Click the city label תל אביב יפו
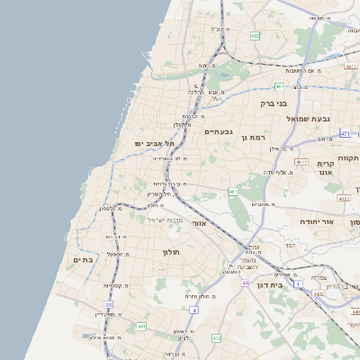[156, 143]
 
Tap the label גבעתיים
[218, 132]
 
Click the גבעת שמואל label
[311, 118]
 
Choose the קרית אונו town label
[326, 168]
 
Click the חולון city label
[171, 253]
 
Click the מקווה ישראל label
[164, 220]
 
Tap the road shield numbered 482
[255, 37]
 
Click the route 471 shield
[345, 133]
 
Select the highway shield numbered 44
[245, 283]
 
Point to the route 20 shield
[109, 306]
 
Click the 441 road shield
[141, 326]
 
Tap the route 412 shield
[216, 337]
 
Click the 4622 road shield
[345, 198]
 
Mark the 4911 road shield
[351, 66]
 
